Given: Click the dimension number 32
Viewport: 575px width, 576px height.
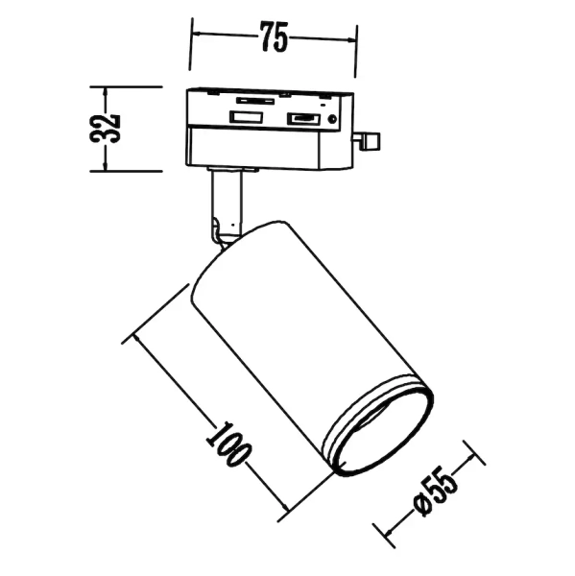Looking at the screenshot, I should pos(108,128).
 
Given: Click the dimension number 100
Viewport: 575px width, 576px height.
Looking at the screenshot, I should pos(226,449).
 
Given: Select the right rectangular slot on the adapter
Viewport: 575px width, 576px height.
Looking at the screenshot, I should pos(302,119).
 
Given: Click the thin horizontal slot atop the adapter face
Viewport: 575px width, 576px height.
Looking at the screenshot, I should pos(253,99).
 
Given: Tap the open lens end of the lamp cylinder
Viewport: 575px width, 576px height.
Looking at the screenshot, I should pos(376,428).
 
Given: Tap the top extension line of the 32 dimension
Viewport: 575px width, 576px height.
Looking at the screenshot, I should pos(134,87).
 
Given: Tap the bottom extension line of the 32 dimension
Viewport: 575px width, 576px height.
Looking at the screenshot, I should pos(134,170).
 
